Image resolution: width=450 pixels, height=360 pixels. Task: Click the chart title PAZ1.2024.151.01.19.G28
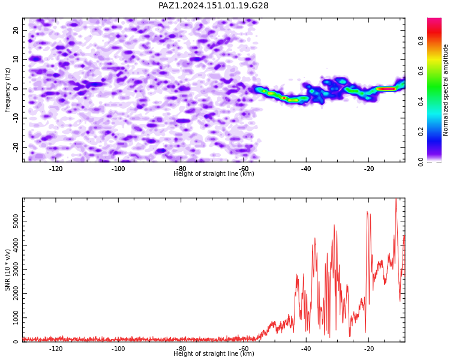pos(213,5)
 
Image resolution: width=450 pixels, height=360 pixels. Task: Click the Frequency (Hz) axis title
pos(7,90)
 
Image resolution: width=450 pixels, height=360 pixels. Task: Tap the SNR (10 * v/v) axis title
pos(7,270)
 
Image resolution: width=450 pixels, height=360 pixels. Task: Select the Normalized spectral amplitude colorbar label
pos(445,90)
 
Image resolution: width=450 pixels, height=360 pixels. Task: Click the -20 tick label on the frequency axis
pos(16,147)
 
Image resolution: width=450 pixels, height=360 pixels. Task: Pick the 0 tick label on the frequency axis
pos(16,89)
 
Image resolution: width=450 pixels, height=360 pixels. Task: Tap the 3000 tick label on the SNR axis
pos(16,269)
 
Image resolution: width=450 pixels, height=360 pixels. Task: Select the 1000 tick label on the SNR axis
pos(16,318)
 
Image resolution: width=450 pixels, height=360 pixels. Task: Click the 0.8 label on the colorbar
pos(421,41)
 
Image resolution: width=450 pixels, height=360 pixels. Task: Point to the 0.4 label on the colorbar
pos(421,101)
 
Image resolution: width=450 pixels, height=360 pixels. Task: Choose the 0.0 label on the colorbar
pos(421,162)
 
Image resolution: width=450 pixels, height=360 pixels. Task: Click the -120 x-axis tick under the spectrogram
pos(56,169)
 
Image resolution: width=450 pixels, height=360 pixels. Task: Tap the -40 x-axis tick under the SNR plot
pos(306,349)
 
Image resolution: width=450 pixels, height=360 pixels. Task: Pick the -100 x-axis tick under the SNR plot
pos(118,349)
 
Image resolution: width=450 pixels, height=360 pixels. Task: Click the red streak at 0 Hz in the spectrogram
pos(386,89)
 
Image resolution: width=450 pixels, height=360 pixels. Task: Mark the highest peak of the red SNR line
pos(396,199)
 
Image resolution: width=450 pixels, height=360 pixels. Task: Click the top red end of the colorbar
pos(434,20)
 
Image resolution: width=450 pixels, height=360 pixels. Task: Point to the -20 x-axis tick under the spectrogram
pos(368,169)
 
